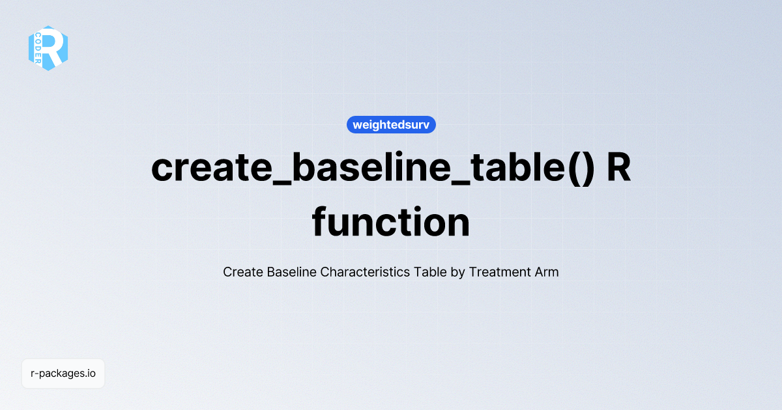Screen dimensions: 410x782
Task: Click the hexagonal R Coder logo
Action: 48,48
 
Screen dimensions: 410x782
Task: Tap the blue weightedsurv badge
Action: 391,124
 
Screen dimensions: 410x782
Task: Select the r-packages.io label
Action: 63,374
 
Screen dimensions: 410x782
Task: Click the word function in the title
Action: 391,223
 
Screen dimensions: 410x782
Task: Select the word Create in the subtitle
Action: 243,272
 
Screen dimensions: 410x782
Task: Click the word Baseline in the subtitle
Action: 291,272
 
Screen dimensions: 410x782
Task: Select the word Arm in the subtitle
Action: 547,272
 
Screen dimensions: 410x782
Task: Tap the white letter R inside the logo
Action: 55,48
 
